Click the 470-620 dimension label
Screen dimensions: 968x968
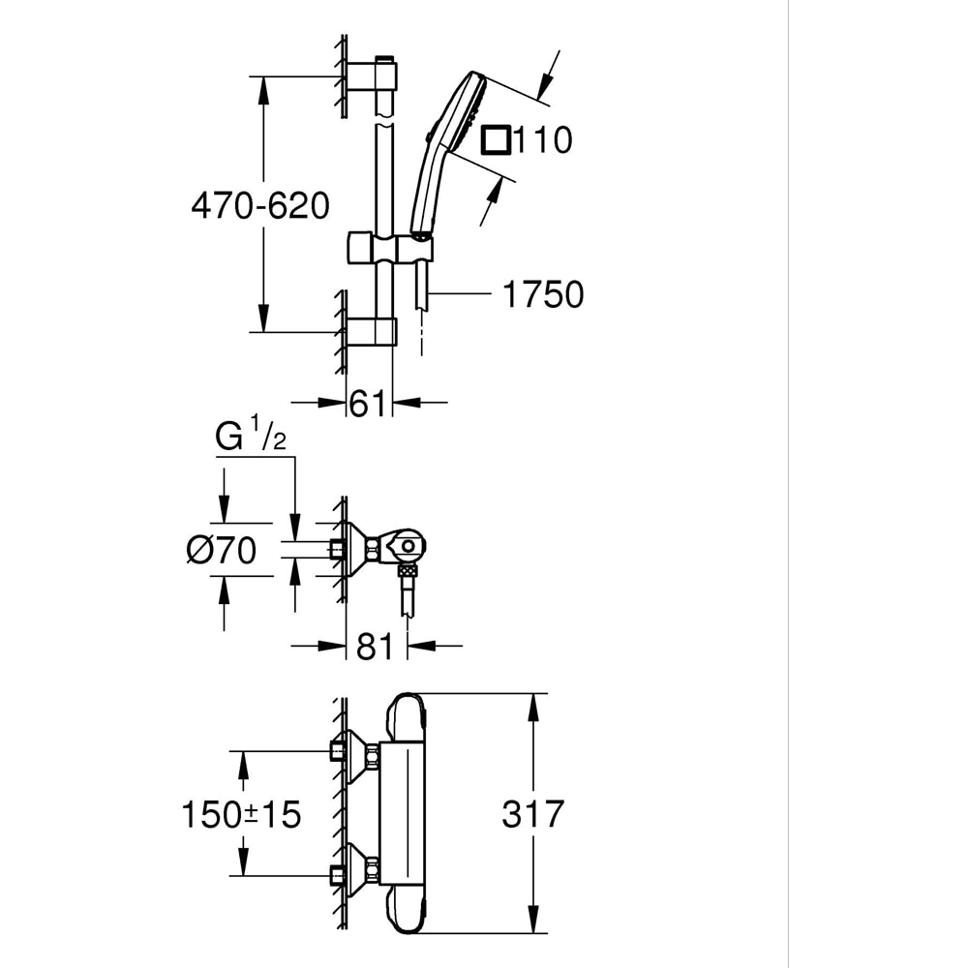[259, 205]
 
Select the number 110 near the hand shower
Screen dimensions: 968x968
[542, 140]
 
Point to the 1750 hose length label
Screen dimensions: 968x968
[542, 294]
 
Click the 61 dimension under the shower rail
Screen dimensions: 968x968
[368, 404]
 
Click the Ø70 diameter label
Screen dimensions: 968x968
[222, 551]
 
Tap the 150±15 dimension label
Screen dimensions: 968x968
[241, 814]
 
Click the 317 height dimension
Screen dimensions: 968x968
[532, 814]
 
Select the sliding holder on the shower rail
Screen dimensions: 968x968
[388, 249]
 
